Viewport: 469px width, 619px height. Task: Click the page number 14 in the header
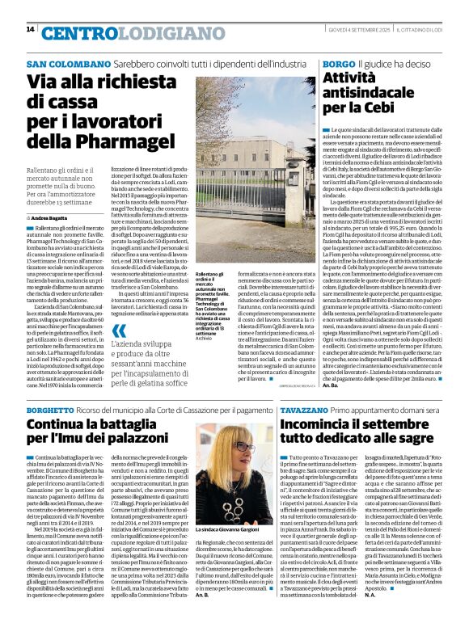tap(30, 29)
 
